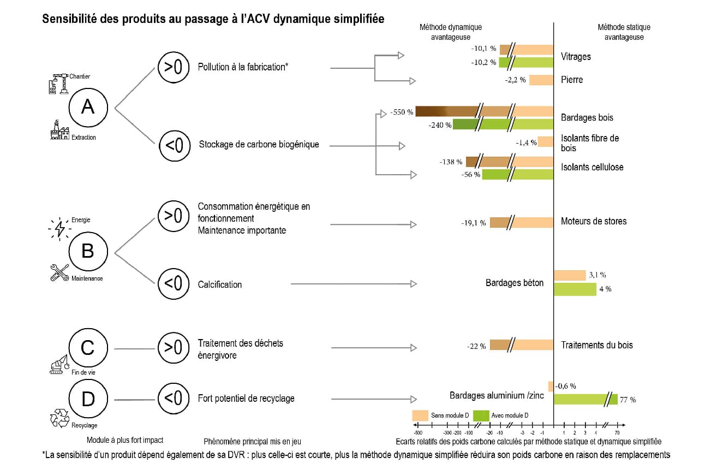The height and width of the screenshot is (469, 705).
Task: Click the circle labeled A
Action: pos(87,108)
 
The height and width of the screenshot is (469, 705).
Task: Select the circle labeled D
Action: pos(87,400)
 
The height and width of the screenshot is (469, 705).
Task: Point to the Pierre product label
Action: pos(572,80)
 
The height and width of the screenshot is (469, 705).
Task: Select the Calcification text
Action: pos(220,284)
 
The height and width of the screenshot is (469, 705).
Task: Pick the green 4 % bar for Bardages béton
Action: pos(575,289)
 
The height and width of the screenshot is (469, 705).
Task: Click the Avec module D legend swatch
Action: pos(480,415)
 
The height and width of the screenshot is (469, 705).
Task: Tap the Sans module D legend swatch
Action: pos(420,415)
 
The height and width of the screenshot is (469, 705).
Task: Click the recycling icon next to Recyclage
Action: pos(59,418)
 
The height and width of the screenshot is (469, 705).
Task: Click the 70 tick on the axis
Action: pos(617,432)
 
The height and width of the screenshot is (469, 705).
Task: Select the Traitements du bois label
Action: pos(597,345)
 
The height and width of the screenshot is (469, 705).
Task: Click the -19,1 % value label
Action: pos(473,223)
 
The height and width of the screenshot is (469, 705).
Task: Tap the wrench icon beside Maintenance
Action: pos(59,272)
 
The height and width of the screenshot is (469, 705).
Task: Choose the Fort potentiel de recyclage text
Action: pos(246,398)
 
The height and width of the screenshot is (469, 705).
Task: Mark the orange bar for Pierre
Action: pos(541,80)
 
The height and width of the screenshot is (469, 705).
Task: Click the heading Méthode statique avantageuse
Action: pos(624,32)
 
